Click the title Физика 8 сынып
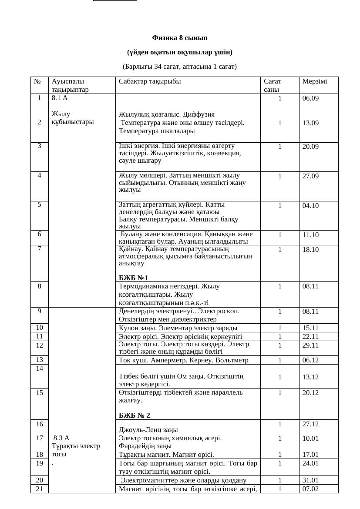coord(180,38)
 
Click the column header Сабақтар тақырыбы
coord(150,81)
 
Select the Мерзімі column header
coord(314,81)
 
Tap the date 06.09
coord(310,98)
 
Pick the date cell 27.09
coord(310,176)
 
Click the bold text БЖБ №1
coord(134,278)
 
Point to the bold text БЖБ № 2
coord(134,415)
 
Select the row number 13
coord(40,360)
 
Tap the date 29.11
coord(310,345)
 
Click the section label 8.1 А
coord(60,98)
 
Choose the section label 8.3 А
coord(61,438)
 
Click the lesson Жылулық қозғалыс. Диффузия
coord(167,114)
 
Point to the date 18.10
coord(310,250)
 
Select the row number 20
coord(40,480)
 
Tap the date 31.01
coord(310,480)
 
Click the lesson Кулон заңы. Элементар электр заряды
coord(178,328)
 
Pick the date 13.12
coord(310,377)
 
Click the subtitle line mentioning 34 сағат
coord(180,67)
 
